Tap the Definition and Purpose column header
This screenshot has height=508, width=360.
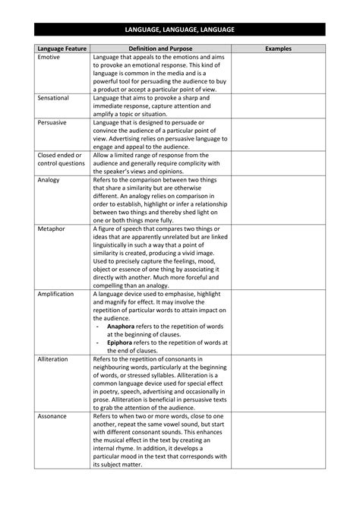[159, 49]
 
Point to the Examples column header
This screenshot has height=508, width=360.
[279, 49]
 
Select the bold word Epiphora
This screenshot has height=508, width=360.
[122, 342]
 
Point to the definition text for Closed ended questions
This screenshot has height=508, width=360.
[159, 162]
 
